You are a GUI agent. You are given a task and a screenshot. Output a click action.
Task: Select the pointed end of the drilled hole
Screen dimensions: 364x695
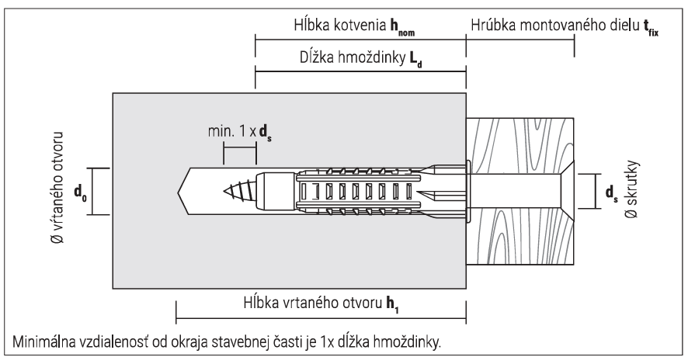(x=186, y=189)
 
